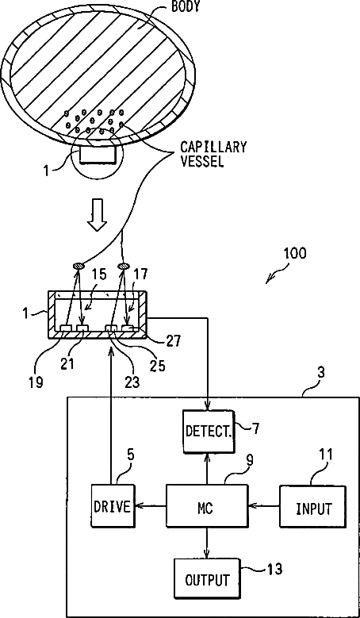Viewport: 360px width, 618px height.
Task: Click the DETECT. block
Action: [209, 431]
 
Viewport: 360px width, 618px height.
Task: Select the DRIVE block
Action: [113, 507]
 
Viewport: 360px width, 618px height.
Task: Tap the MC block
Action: [207, 505]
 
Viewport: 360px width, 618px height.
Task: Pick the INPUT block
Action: [313, 507]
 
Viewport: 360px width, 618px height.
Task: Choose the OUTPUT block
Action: [207, 580]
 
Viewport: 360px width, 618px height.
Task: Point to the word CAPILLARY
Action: [213, 147]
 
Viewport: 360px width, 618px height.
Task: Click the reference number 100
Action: [295, 253]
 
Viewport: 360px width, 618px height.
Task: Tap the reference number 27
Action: [173, 340]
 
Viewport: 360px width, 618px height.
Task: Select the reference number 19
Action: [36, 382]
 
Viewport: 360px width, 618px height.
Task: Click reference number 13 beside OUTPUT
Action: [275, 569]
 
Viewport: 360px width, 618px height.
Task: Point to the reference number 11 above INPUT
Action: [325, 455]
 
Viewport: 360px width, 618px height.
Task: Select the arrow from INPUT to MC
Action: [264, 505]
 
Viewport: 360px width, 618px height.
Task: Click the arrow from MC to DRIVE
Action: [150, 506]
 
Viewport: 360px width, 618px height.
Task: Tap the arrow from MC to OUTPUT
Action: [207, 543]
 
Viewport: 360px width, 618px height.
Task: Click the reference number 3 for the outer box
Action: [321, 373]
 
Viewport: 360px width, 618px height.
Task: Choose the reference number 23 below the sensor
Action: [132, 382]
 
